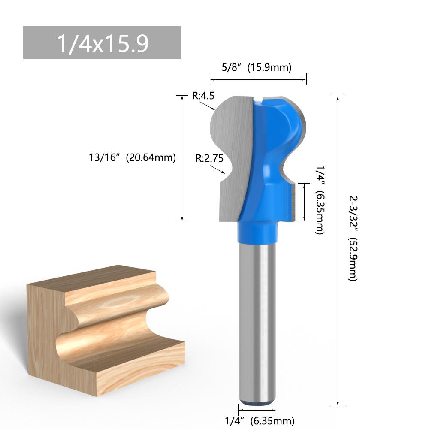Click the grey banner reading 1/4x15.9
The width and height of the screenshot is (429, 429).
(x=102, y=42)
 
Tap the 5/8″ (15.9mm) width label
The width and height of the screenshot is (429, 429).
(x=257, y=67)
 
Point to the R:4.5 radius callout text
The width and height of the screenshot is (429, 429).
(x=203, y=96)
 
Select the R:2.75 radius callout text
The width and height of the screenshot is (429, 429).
(x=209, y=158)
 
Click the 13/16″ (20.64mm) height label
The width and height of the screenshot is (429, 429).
(x=132, y=157)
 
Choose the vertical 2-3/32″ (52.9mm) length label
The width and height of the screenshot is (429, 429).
(x=353, y=238)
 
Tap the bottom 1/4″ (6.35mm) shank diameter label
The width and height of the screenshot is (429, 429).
(x=260, y=420)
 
